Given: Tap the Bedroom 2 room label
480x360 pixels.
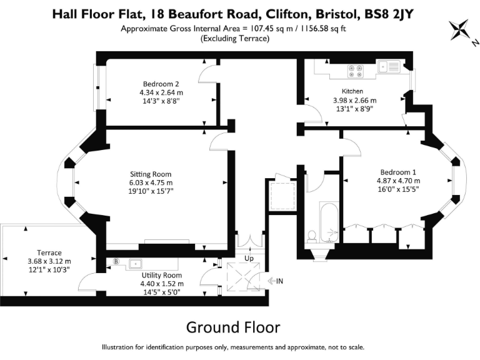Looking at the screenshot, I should point(161,84).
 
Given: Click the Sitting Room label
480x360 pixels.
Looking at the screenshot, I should point(151,174).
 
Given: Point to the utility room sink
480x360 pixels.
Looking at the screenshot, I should point(136,263).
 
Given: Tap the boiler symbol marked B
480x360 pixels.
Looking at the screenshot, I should point(116,261).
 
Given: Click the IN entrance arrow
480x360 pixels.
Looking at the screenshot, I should point(276,281).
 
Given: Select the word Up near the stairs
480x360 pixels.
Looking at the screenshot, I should point(248,257).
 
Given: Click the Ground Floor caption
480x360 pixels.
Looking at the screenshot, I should point(233,327).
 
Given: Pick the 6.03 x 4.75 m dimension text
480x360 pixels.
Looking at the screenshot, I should point(151,182).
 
